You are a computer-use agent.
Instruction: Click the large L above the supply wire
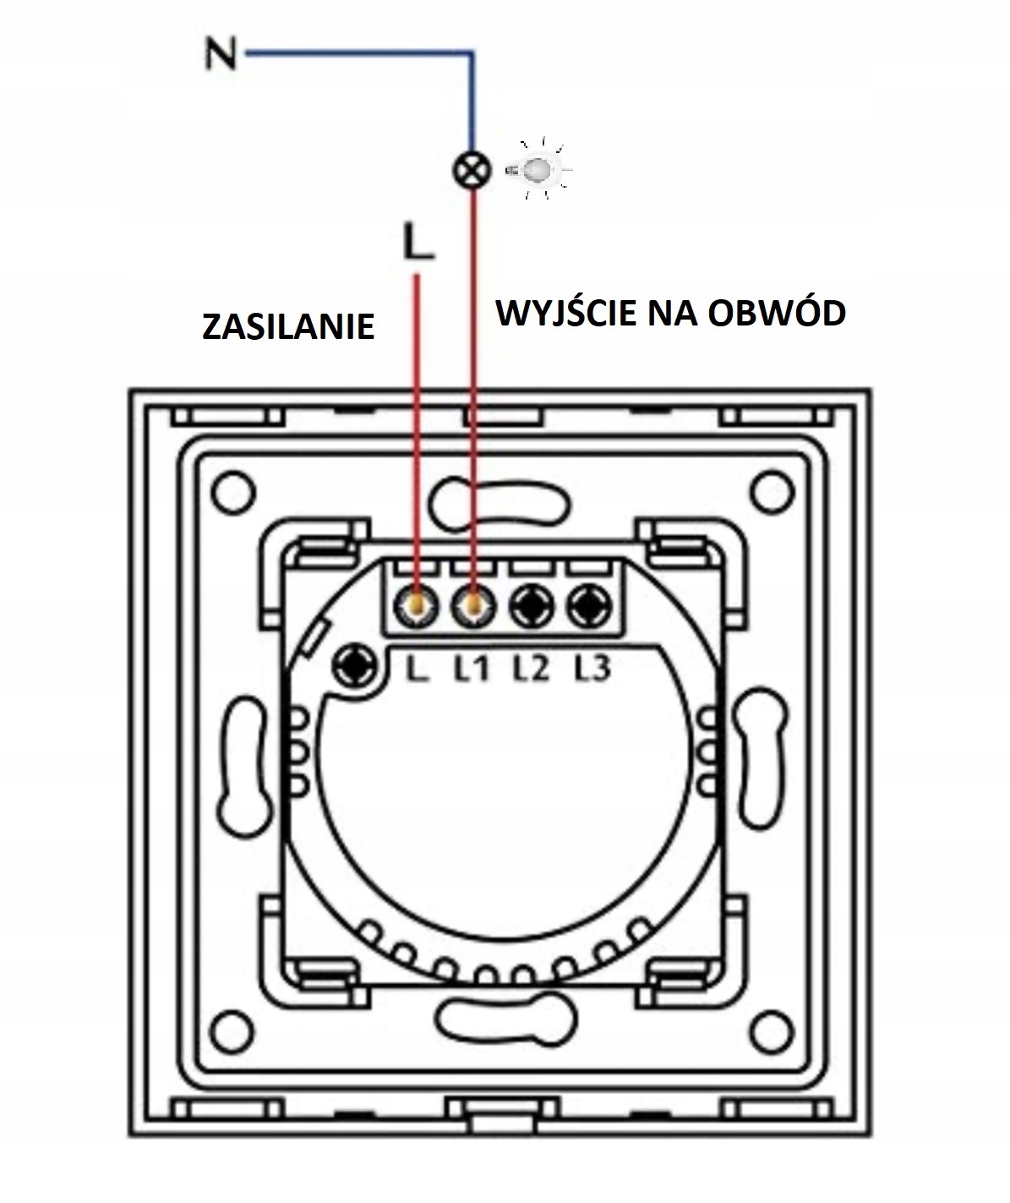point(418,242)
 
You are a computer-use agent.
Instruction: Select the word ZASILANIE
point(288,326)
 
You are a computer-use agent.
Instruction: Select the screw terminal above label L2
point(532,604)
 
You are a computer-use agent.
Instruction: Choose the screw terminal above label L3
point(589,604)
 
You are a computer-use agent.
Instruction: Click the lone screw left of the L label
point(356,665)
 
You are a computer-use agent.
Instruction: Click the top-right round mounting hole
point(771,489)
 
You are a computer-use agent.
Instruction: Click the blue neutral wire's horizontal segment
point(355,53)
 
